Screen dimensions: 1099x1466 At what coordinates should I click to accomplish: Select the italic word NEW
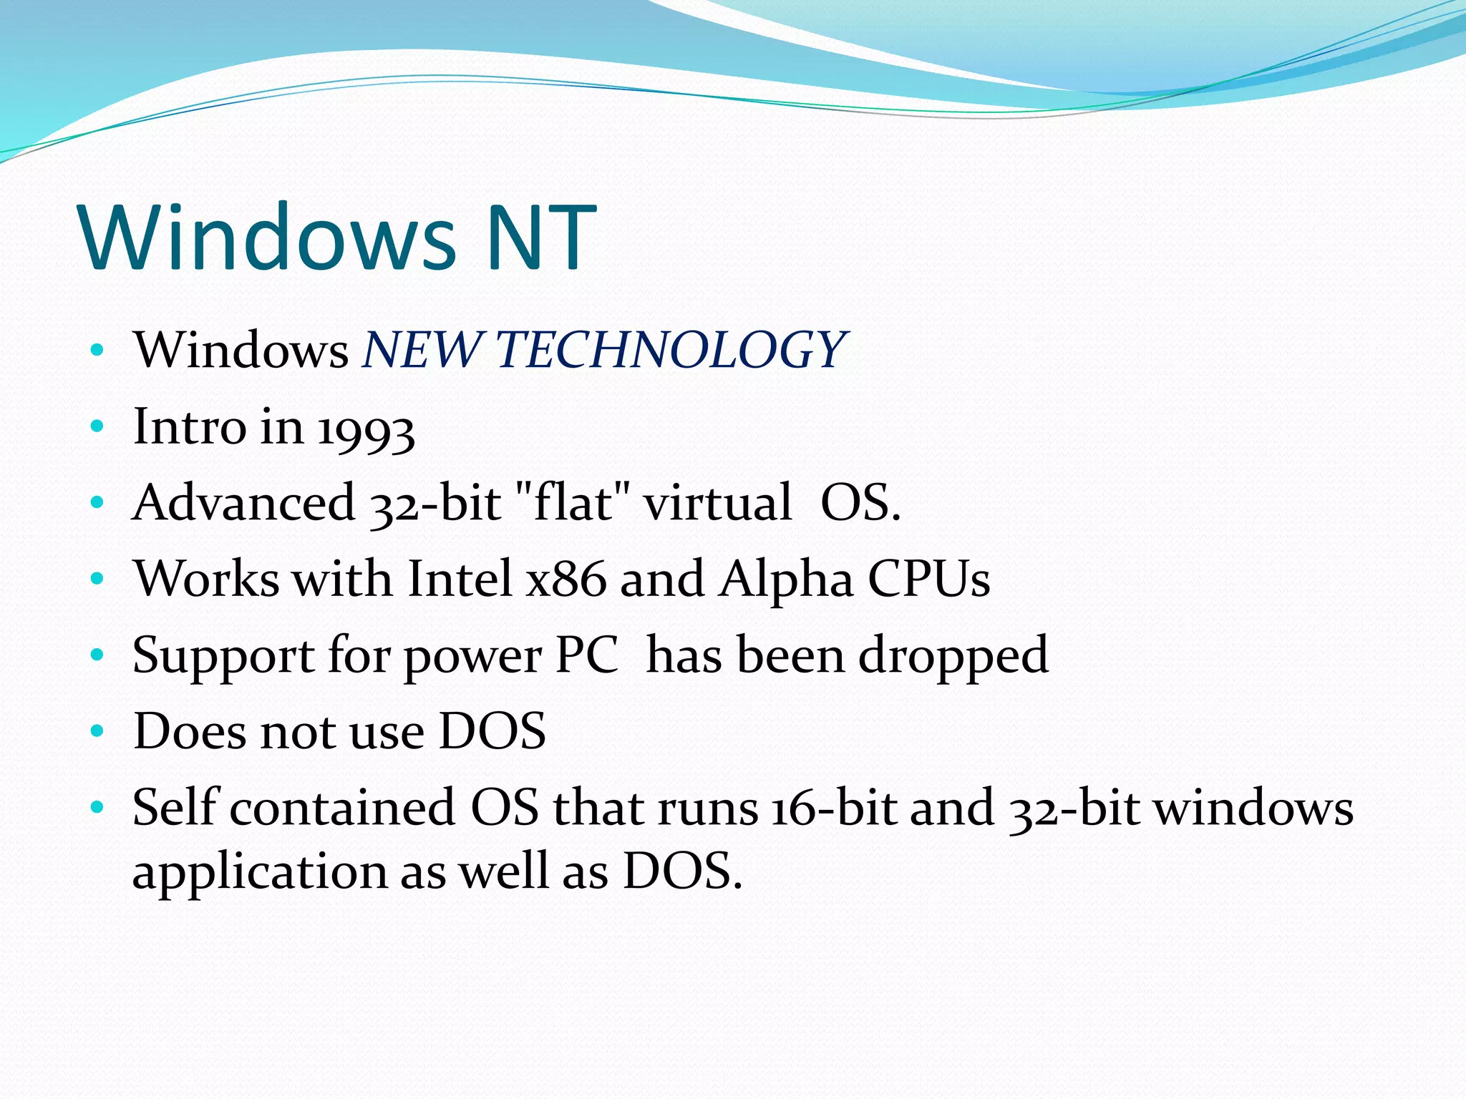coord(421,350)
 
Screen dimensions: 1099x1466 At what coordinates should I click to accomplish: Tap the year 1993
coord(366,429)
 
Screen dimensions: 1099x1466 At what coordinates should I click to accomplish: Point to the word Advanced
coord(243,502)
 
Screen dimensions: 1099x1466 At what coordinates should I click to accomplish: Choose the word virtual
coord(718,502)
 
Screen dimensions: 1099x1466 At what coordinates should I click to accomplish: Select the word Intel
coord(460,579)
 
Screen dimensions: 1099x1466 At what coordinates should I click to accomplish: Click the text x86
coord(565,579)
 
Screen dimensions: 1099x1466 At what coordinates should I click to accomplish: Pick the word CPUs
coord(929,579)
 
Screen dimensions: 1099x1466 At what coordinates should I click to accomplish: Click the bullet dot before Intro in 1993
coord(97,427)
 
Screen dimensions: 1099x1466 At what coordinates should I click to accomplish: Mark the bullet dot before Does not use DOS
coord(97,731)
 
